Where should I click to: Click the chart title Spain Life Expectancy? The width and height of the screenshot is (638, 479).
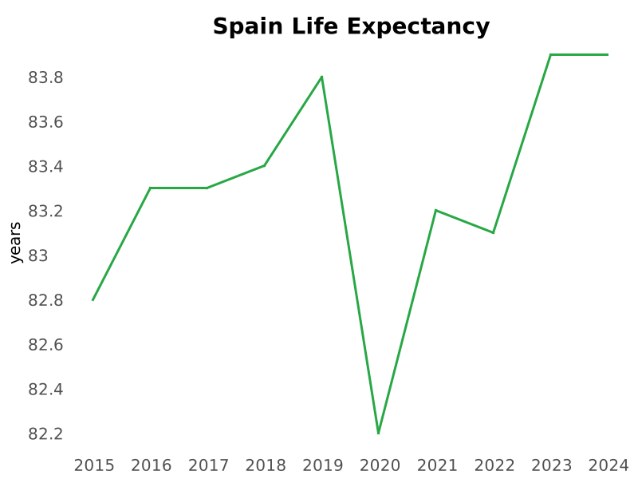point(351,26)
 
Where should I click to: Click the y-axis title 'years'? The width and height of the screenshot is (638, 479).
point(15,243)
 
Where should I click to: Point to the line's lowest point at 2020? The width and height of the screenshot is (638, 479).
point(379,433)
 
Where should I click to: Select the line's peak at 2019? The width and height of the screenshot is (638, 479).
point(321,77)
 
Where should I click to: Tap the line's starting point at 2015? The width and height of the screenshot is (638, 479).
point(93,300)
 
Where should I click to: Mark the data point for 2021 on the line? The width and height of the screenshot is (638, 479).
point(435,210)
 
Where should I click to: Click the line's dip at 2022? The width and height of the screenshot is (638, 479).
point(493,232)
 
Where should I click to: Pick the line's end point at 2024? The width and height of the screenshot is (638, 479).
point(608,54)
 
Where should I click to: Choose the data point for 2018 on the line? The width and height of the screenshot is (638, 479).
point(264,165)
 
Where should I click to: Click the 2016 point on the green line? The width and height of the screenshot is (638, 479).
point(151,188)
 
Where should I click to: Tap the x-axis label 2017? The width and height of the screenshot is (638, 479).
point(208,465)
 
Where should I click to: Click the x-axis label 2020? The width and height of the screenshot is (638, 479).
point(380,465)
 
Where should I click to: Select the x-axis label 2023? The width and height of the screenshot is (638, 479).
point(552,465)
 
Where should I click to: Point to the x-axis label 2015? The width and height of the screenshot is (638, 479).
point(94,465)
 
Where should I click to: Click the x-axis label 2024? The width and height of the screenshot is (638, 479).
point(608,465)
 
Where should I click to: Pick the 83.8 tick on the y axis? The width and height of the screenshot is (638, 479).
point(45,77)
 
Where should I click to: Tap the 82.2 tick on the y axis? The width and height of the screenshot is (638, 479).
point(45,433)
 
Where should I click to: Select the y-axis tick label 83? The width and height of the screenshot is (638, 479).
point(38,255)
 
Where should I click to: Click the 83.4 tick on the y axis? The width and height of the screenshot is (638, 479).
point(45,166)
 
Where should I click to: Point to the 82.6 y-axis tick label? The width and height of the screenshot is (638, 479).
point(45,344)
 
